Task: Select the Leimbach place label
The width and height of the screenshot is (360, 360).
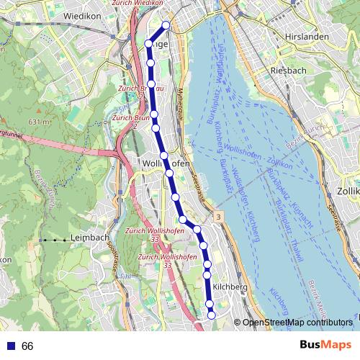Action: coord(89,238)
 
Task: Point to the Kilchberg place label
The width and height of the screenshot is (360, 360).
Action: coord(230,287)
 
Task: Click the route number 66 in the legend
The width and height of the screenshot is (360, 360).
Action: coord(28,346)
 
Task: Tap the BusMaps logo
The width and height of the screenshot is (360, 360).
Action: coord(325,346)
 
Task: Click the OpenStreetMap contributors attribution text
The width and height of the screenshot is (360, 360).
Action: coord(302,323)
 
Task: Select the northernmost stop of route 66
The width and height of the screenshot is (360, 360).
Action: coord(166,25)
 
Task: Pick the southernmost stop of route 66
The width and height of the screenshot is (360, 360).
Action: coord(212,314)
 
